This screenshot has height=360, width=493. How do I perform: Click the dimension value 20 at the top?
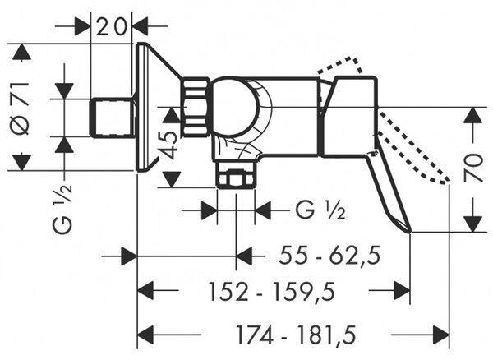tap(111, 27)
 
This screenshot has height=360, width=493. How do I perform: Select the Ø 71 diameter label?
tap(21, 108)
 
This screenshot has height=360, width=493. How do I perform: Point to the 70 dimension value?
tap(473, 168)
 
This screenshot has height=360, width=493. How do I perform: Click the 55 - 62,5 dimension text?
tap(329, 255)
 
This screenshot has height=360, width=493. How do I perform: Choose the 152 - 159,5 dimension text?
tap(272, 292)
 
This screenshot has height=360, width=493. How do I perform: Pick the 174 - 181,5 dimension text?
tap(296, 335)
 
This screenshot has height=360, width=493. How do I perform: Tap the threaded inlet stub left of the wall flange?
tap(112, 118)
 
